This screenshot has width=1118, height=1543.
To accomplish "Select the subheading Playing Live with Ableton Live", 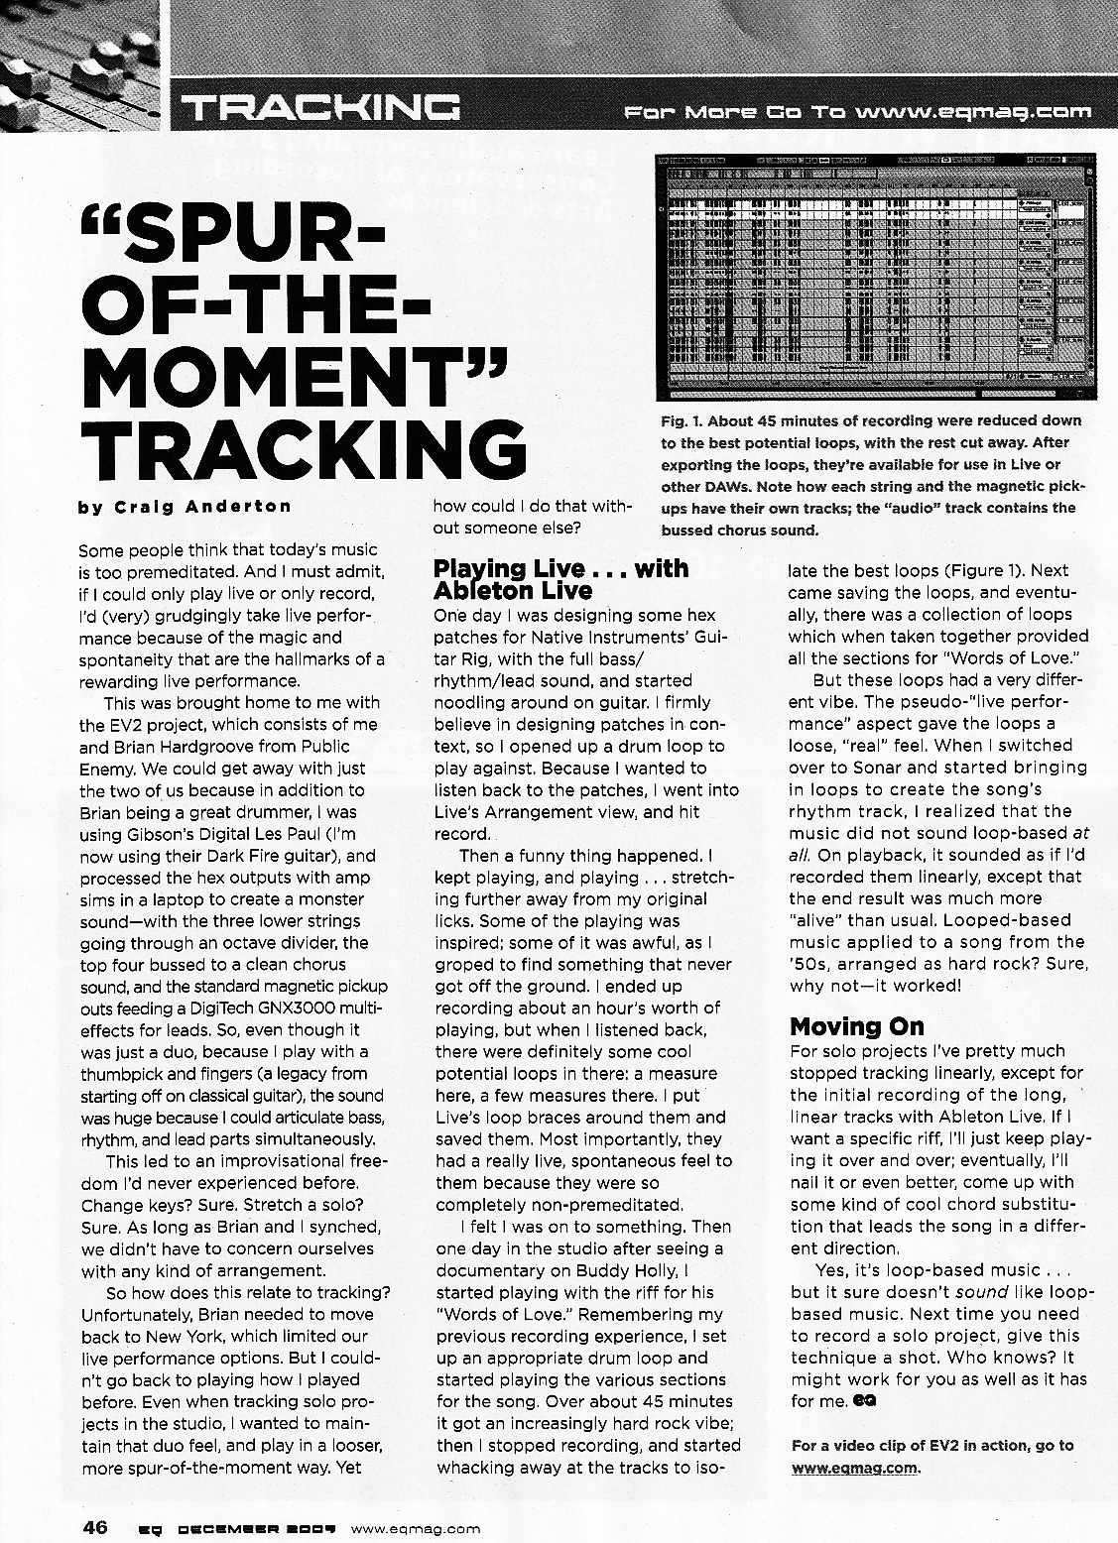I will tap(560, 579).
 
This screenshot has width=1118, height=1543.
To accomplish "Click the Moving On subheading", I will tap(856, 1025).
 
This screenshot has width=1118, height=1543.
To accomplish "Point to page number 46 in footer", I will tap(95, 1527).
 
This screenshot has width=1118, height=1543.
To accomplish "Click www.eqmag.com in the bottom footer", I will tap(416, 1528).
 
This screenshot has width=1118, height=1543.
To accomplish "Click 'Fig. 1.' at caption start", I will tap(680, 420).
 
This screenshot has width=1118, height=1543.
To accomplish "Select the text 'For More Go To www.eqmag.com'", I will tap(858, 111).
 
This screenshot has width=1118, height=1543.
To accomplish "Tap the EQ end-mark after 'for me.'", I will tap(863, 1401).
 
